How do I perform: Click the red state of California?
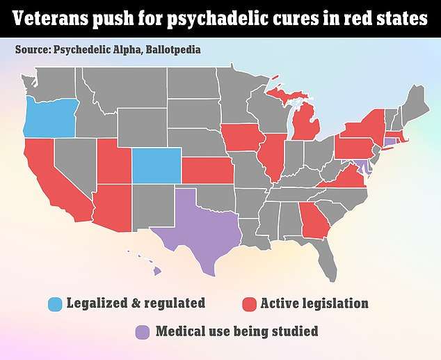(49, 181)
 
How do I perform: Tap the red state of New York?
(365, 125)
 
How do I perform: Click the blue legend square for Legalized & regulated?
(54, 304)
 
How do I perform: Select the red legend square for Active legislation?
(248, 304)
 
